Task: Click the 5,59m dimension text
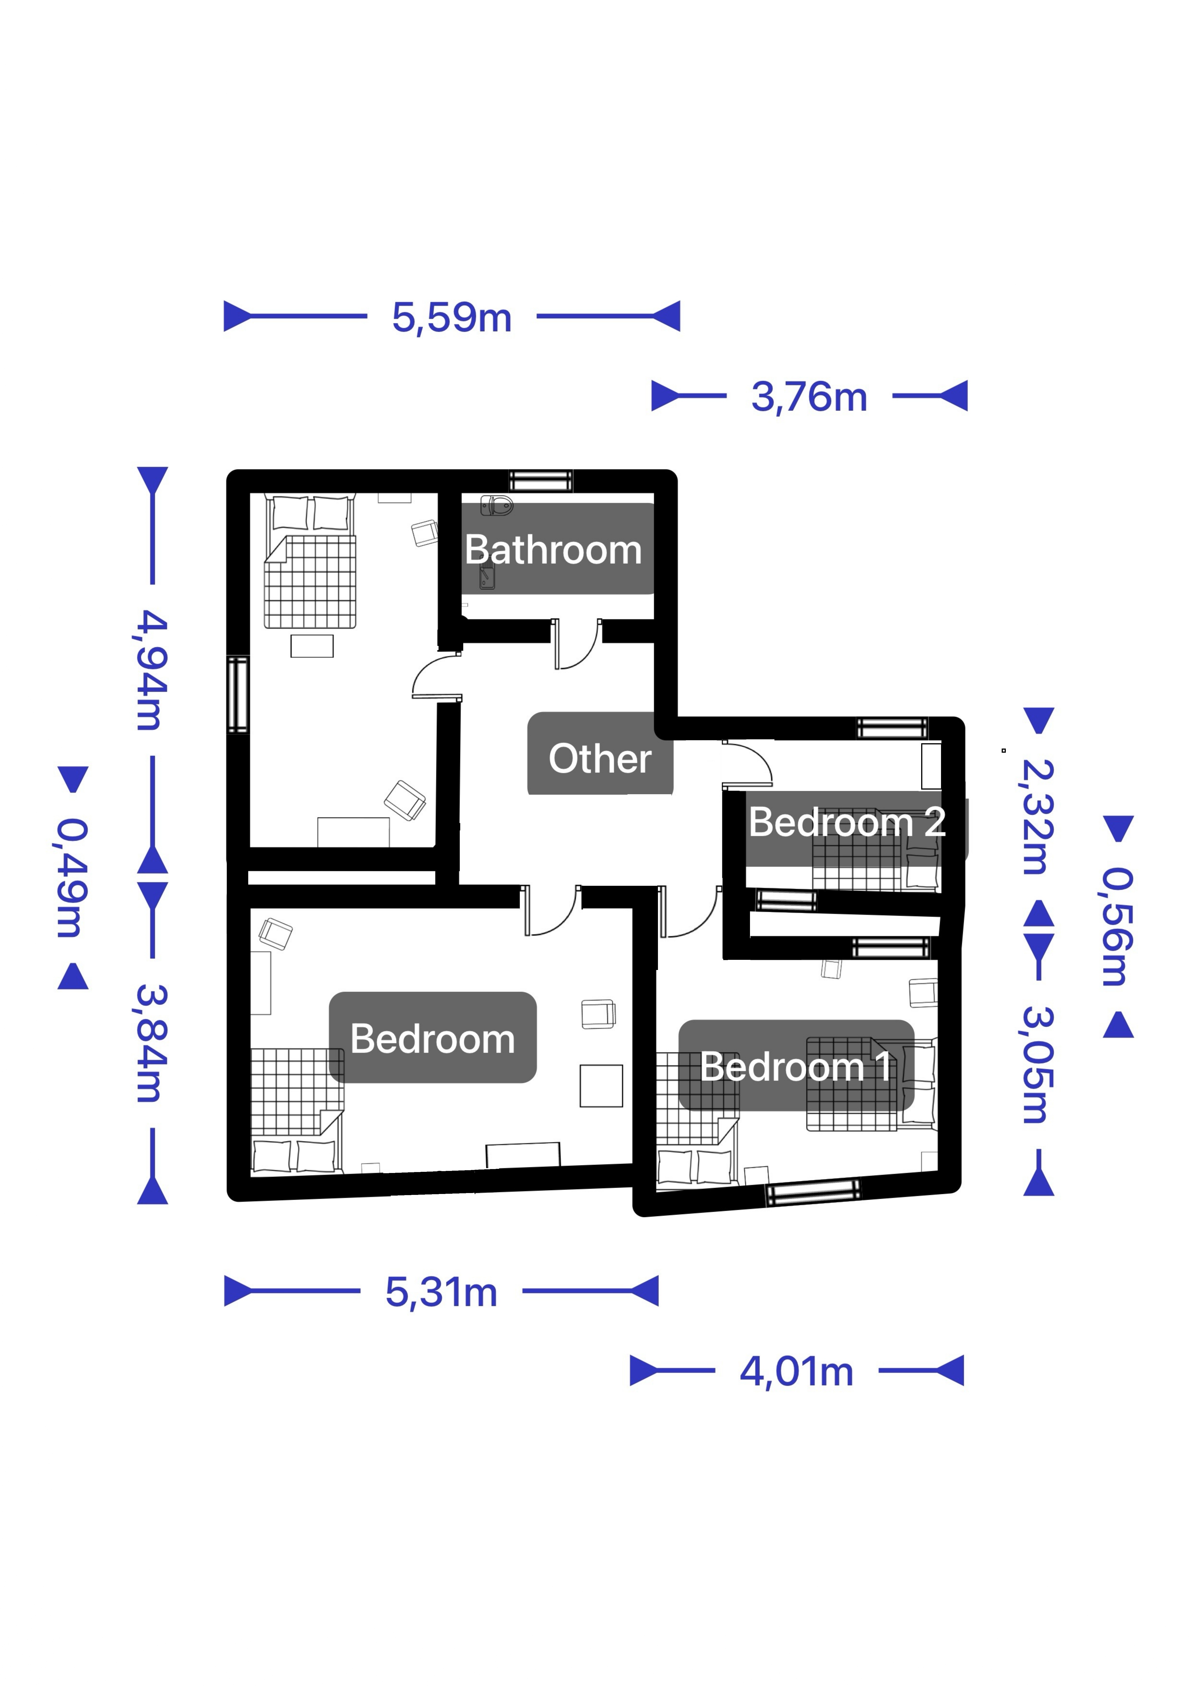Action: (452, 317)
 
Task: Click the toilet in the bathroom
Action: (497, 505)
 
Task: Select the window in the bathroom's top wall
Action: (541, 481)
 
